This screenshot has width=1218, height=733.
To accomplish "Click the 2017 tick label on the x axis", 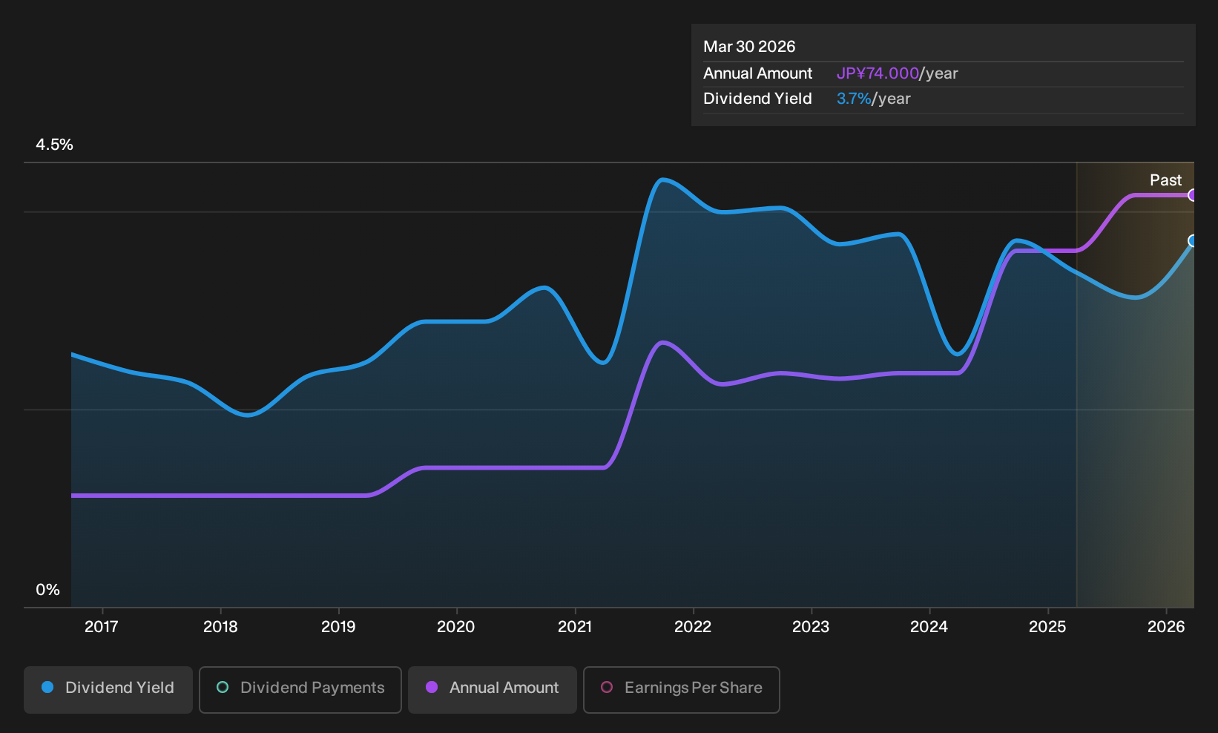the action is [102, 627].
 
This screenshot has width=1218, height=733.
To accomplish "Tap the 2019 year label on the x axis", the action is [338, 627].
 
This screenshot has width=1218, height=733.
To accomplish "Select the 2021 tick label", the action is [575, 627].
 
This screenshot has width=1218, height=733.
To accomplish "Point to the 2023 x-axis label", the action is [811, 627].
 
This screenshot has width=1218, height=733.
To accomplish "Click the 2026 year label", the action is [1166, 627].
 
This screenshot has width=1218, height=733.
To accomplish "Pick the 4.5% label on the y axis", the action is [54, 145].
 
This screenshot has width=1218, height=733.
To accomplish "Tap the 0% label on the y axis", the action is [48, 590].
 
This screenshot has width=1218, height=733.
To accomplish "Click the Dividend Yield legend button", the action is [108, 689].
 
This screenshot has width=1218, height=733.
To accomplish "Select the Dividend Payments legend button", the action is [300, 689].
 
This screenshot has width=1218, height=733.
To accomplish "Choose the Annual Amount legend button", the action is [492, 689].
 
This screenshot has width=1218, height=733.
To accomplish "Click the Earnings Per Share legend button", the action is [681, 689].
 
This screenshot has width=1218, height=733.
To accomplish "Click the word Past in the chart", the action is [1166, 180].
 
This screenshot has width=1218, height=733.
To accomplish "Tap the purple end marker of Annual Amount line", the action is [1192, 195].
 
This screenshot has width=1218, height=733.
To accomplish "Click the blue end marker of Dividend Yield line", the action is [1192, 241].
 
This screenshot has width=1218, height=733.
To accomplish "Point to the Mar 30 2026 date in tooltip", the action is [749, 47].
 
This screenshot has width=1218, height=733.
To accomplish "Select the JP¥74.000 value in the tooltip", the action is [878, 73].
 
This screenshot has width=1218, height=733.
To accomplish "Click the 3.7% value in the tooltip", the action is [854, 99].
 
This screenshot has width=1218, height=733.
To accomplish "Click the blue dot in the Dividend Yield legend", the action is [48, 687].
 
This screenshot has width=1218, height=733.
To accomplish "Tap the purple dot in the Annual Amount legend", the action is [432, 687].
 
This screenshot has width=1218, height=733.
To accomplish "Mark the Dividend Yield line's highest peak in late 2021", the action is [662, 180].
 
